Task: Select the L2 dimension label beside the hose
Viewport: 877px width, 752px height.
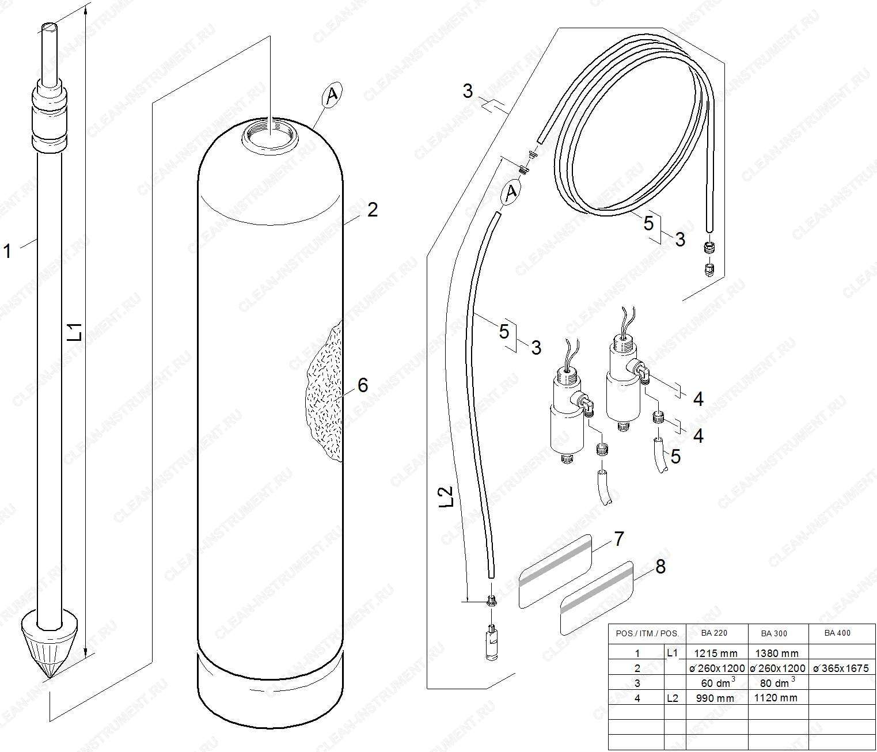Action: click(x=446, y=496)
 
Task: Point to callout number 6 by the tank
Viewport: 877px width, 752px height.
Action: click(x=363, y=385)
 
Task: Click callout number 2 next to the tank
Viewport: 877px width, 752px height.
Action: click(x=373, y=210)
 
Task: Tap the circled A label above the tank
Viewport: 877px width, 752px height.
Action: click(x=332, y=95)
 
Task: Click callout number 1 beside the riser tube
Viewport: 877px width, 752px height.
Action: click(x=7, y=251)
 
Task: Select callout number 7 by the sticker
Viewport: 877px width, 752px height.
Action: click(x=619, y=538)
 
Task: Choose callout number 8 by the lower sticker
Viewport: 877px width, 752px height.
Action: click(x=660, y=566)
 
